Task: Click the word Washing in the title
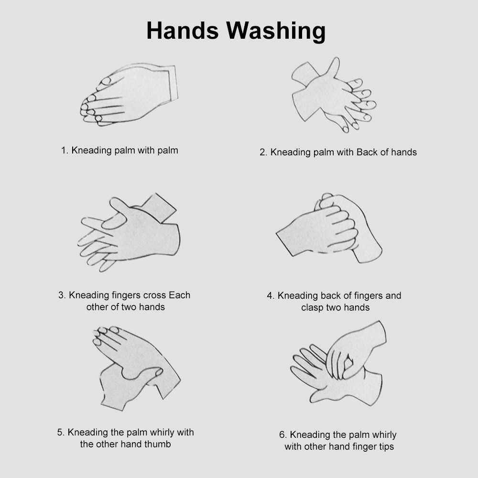276,32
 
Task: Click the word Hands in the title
182,31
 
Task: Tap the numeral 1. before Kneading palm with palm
65,151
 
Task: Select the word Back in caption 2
367,152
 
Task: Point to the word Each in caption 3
180,295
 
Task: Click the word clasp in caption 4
312,307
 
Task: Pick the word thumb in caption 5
158,444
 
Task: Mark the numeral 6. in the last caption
282,435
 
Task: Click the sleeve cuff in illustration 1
172,83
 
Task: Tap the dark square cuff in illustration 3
159,207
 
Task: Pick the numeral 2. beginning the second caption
263,152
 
